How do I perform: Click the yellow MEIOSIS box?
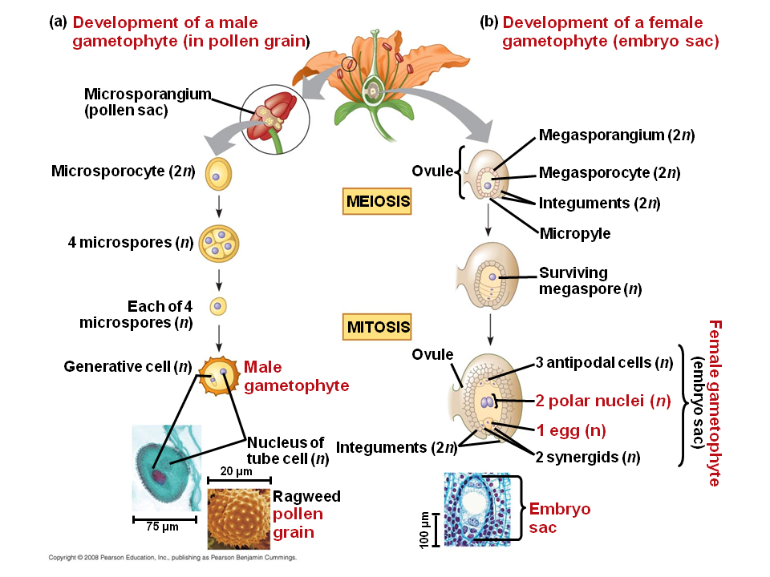coord(378,200)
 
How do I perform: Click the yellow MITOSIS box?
coord(378,327)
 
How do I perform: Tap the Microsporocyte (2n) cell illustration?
coord(219,172)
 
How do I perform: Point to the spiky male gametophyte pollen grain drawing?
coord(219,375)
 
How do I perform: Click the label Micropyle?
coord(574,233)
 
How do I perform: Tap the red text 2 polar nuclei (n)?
coord(602,401)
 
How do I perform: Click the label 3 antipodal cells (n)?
coord(603,363)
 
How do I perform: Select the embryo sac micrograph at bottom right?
coord(476,510)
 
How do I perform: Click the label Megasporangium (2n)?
coord(616,135)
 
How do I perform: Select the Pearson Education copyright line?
coord(172,556)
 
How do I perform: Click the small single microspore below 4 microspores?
coord(218,306)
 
